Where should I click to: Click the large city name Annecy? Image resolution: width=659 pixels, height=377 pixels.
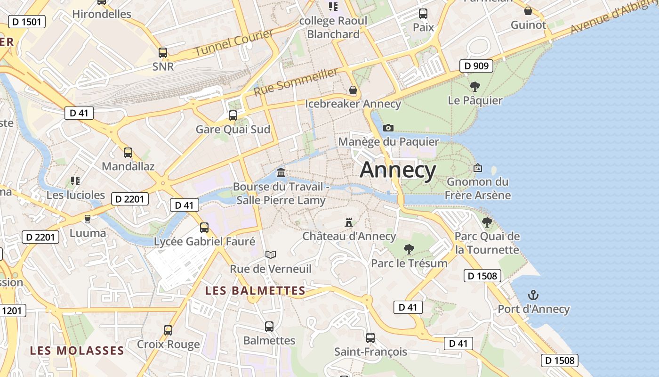pos(398,170)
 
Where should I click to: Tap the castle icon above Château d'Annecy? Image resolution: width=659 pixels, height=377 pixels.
pos(349,221)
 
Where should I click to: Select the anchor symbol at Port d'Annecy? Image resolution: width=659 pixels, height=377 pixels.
pos(533,295)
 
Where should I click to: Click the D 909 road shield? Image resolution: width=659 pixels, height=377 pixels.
pos(476,66)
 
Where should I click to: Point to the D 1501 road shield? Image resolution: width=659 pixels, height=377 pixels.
pos(27,21)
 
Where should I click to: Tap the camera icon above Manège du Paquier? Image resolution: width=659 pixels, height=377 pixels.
pos(388,128)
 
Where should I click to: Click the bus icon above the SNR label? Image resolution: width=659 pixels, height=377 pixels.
pos(163,53)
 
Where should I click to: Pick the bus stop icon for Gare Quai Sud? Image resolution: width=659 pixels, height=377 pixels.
pos(233,115)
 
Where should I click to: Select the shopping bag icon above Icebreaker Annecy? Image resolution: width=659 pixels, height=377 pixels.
pos(353,90)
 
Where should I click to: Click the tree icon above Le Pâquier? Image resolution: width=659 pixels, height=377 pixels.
pos(475,87)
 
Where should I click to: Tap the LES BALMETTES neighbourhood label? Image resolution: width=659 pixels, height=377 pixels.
pos(256,291)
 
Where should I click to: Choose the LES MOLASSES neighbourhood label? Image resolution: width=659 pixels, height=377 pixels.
pos(77,351)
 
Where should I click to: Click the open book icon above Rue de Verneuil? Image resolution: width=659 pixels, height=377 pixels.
pos(271,255)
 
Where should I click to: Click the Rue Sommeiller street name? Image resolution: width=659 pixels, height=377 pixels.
pos(296,82)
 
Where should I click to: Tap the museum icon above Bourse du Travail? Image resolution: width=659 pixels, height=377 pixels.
pos(281,172)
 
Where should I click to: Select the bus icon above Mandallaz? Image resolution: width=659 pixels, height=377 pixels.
pos(128,153)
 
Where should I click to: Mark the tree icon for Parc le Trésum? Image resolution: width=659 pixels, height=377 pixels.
pos(409,249)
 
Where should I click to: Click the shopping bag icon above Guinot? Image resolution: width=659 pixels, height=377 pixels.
pos(528,11)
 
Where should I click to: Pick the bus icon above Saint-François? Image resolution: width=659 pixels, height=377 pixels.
pos(370,338)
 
